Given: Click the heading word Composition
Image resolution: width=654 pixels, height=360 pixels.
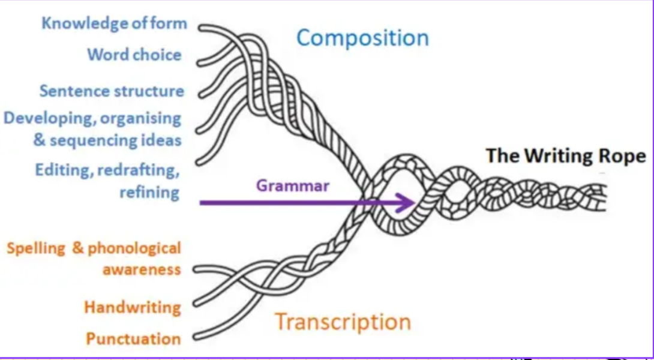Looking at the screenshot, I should click(x=362, y=38).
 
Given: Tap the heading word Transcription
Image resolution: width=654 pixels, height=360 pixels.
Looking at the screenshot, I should click(x=343, y=322).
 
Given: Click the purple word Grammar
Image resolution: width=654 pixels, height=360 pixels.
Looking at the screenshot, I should click(x=293, y=185).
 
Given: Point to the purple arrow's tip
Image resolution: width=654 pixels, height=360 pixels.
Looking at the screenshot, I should click(x=415, y=202).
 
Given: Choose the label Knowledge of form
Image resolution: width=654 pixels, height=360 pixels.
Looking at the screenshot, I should click(x=114, y=23).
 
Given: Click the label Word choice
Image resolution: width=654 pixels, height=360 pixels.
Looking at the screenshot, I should click(x=134, y=55).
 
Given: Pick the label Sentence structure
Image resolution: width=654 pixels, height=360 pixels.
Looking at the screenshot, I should click(x=112, y=91).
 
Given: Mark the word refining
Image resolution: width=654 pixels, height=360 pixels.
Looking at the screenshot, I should click(x=149, y=192).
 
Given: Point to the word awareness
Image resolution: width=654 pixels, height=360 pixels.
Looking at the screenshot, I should click(x=142, y=269).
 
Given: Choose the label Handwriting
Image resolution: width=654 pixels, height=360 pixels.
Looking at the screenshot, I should click(x=132, y=308).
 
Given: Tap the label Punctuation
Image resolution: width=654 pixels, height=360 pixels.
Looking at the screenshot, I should click(x=133, y=338).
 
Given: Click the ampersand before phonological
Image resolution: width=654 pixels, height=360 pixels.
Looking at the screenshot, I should click(x=78, y=248).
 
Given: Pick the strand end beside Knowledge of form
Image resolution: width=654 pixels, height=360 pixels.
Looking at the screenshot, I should click(x=201, y=27).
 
